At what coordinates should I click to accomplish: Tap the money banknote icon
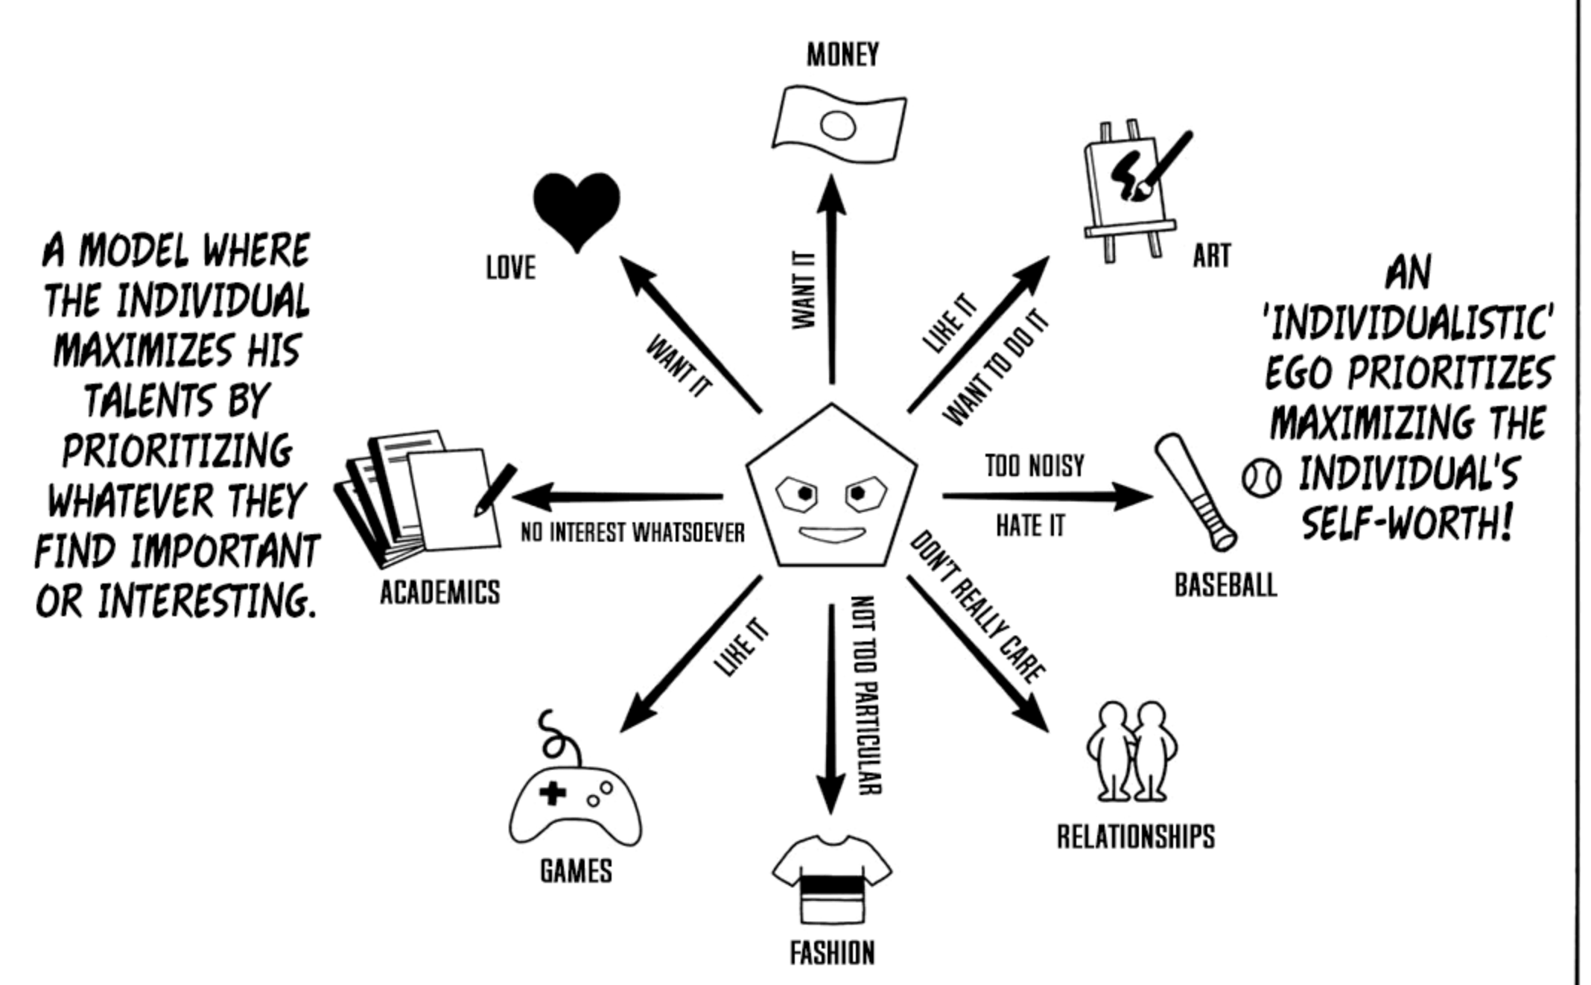click(x=839, y=125)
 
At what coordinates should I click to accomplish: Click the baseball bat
click(x=1195, y=492)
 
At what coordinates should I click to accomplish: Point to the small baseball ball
click(x=1261, y=478)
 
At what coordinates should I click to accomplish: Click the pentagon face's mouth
click(x=832, y=534)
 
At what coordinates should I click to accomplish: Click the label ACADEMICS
click(x=440, y=593)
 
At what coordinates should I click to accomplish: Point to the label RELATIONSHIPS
click(x=1136, y=837)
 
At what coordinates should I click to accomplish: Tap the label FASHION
click(x=832, y=953)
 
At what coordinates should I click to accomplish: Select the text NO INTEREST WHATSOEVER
click(x=632, y=533)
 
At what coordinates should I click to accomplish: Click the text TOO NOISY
click(x=1035, y=466)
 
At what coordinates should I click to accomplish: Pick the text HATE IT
click(x=1031, y=526)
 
